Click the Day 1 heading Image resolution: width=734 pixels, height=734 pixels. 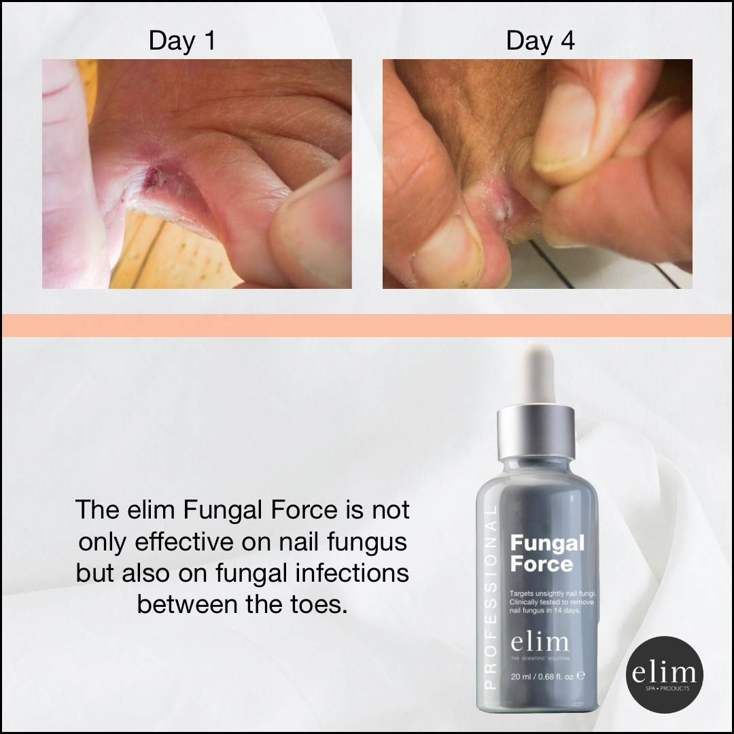[182, 41]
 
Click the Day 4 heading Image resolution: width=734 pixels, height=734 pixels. [540, 41]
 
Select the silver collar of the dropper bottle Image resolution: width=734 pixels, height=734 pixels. [536, 432]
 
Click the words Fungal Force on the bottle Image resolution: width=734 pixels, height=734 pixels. [547, 553]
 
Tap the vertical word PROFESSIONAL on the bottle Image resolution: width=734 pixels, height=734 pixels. [490, 597]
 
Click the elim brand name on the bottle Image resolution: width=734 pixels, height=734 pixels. [539, 642]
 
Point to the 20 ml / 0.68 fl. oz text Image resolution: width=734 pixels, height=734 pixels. [542, 676]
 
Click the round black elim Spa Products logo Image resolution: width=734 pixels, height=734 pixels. [664, 675]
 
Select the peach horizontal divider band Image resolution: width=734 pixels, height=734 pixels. [367, 326]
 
